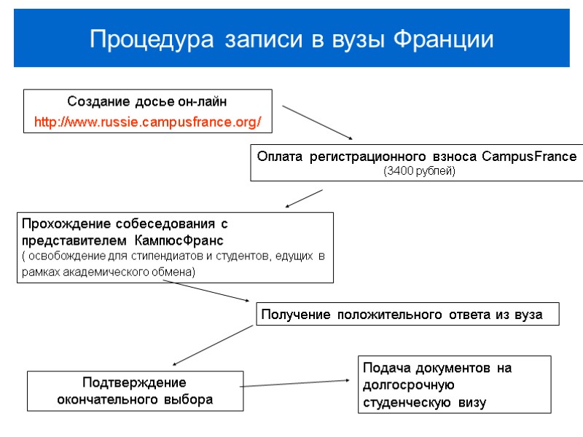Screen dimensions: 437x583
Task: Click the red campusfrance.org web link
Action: pyautogui.click(x=148, y=122)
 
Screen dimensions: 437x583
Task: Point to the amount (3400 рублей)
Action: pyautogui.click(x=418, y=171)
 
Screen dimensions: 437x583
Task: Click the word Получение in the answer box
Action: pyautogui.click(x=292, y=315)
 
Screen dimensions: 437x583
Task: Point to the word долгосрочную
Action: pyautogui.click(x=408, y=385)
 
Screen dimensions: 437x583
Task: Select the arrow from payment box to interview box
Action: pyautogui.click(x=304, y=198)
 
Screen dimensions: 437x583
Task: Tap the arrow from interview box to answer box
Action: pyautogui.click(x=207, y=291)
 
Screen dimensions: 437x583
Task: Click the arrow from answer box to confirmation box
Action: pyautogui.click(x=213, y=345)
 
